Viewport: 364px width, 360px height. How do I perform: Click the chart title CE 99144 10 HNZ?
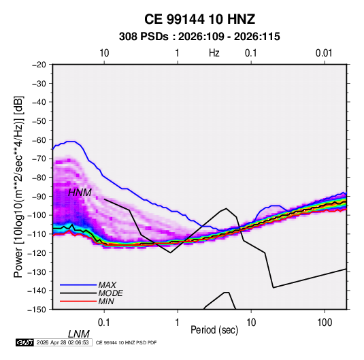[199, 19]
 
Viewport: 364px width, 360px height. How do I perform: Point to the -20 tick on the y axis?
[39, 65]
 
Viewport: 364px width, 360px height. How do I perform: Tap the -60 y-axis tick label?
[39, 140]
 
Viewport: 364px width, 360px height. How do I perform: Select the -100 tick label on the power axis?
[37, 215]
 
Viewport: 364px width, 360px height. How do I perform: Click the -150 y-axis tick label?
[37, 310]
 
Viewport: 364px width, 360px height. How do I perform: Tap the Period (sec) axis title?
[214, 330]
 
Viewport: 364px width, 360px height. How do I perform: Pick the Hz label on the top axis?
[214, 53]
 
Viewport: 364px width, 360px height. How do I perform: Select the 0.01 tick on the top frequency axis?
[324, 53]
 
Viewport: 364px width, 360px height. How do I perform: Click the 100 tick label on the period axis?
[325, 323]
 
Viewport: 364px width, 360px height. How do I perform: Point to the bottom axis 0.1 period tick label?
[104, 323]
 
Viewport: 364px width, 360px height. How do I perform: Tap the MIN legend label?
[106, 301]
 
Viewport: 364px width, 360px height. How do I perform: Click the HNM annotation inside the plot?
[80, 193]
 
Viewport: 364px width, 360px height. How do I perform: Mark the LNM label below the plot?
[78, 334]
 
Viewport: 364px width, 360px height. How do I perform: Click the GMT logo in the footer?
[24, 342]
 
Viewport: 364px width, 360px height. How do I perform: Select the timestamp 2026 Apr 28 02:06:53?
[63, 342]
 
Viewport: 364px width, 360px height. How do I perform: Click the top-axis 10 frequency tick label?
[104, 53]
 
